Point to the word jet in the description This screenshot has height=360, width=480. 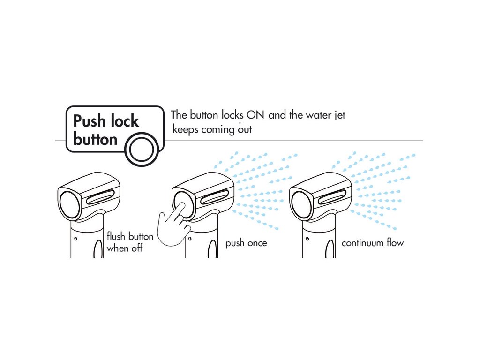[339, 115]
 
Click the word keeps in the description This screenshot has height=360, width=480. [186, 129]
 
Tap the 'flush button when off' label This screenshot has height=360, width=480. [130, 242]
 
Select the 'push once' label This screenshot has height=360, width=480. [246, 243]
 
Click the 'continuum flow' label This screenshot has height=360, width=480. [372, 243]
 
